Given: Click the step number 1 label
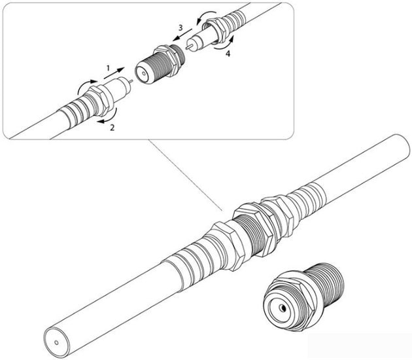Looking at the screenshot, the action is (x=108, y=68).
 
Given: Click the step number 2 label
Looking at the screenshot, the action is (x=112, y=128).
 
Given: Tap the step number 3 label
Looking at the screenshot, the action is (x=180, y=27).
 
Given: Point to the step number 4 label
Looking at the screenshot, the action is (x=228, y=54).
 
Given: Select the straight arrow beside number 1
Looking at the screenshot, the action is (x=114, y=73).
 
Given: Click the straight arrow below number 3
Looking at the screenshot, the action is (x=182, y=35).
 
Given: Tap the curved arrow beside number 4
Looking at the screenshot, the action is (x=225, y=44).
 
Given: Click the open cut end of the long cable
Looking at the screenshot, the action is (x=57, y=342).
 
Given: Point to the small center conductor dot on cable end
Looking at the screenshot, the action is (x=56, y=342).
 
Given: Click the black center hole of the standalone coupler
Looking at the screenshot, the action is (x=283, y=308).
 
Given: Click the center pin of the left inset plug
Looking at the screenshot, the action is (x=130, y=81).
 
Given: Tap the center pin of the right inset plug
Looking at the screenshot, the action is (x=188, y=47).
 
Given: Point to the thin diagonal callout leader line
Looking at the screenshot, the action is (x=185, y=175).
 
